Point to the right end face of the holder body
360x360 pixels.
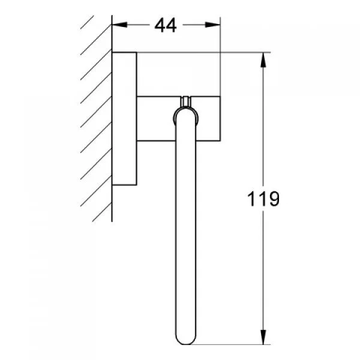point(221,117)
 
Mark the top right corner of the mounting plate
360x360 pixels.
point(137,53)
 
